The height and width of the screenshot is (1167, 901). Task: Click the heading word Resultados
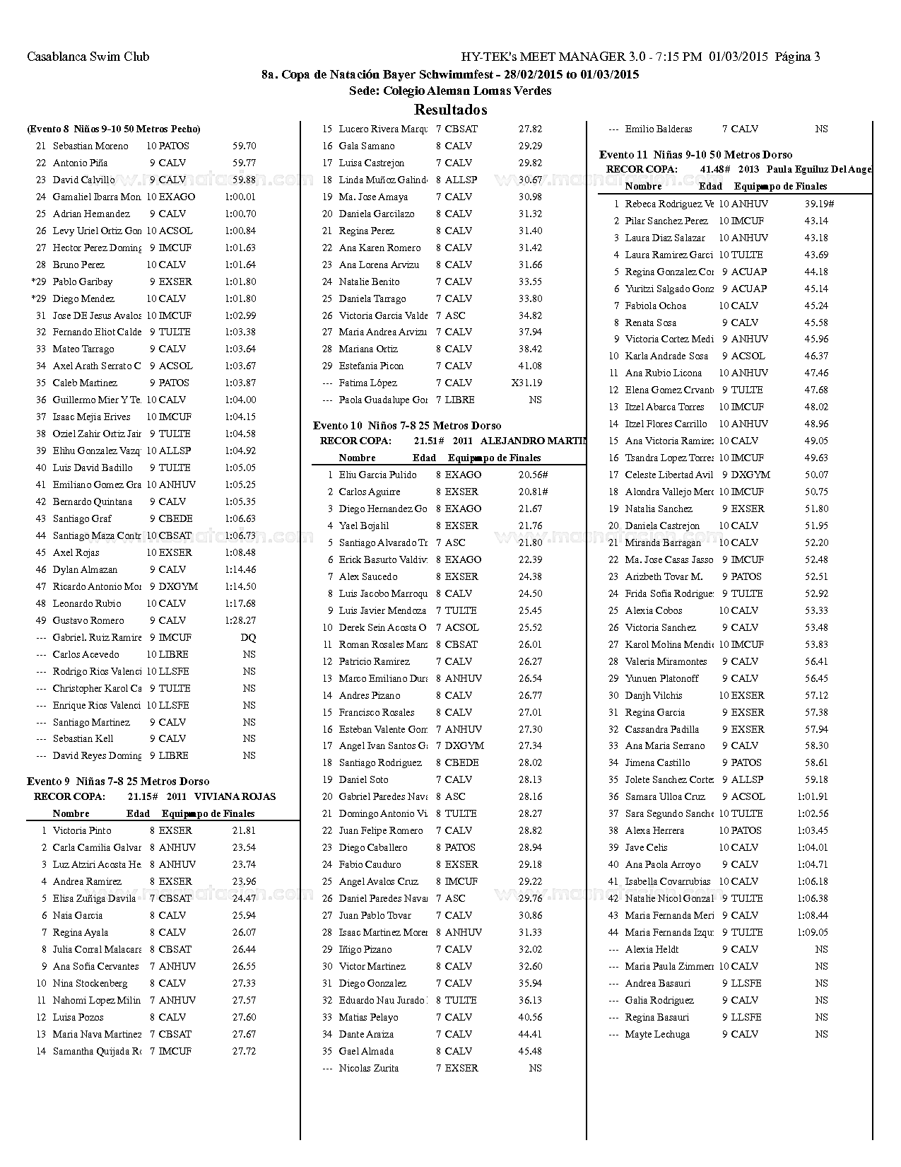pyautogui.click(x=450, y=110)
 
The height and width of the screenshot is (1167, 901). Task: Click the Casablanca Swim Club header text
pyautogui.click(x=88, y=57)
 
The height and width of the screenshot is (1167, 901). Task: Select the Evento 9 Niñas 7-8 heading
pyautogui.click(x=118, y=781)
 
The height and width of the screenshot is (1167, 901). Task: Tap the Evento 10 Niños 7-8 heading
pyautogui.click(x=407, y=425)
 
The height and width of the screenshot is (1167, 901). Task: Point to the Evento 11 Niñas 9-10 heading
pyautogui.click(x=695, y=154)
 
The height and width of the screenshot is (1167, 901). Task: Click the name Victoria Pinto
pyautogui.click(x=82, y=830)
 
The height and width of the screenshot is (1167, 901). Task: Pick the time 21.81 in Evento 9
pyautogui.click(x=244, y=830)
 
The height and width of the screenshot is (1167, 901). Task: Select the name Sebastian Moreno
pyautogui.click(x=90, y=146)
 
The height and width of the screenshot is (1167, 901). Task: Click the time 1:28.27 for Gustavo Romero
pyautogui.click(x=240, y=620)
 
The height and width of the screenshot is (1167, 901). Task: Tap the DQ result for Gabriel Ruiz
pyautogui.click(x=248, y=637)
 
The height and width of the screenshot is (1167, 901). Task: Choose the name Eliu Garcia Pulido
pyautogui.click(x=377, y=475)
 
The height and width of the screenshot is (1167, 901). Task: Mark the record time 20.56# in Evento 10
pyautogui.click(x=533, y=475)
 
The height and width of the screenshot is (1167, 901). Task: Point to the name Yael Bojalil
pyautogui.click(x=363, y=526)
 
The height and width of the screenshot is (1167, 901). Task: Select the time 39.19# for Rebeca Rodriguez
pyautogui.click(x=819, y=204)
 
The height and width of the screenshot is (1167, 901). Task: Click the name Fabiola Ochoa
pyautogui.click(x=655, y=306)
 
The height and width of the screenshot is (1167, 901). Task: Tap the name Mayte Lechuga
pyautogui.click(x=657, y=1034)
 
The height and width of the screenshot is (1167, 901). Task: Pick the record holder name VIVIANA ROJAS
pyautogui.click(x=235, y=796)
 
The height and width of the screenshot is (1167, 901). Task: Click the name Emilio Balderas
pyautogui.click(x=659, y=129)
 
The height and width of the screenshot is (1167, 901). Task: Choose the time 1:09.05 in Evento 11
pyautogui.click(x=813, y=932)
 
